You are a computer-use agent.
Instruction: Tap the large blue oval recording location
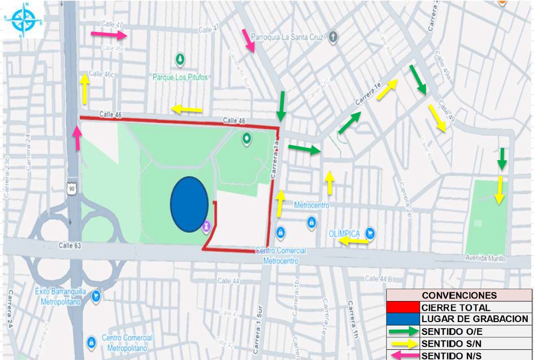coord(189,204)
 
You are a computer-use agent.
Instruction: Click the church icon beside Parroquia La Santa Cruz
coord(333,36)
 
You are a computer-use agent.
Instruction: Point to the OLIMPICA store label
coord(344,234)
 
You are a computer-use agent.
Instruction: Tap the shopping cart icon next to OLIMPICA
coord(370,234)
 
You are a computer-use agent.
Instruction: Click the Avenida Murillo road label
coord(486,258)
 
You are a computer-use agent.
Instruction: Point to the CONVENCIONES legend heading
coord(459,295)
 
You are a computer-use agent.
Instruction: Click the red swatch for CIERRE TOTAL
coord(403,308)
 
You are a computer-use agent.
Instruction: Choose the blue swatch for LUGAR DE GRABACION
coord(403,319)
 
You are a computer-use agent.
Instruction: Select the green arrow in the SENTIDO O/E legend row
coord(403,331)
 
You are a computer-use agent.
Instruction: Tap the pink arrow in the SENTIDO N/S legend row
coord(403,355)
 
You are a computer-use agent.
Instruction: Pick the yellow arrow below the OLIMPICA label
coord(353,242)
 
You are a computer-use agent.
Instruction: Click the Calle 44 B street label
coord(378,279)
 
